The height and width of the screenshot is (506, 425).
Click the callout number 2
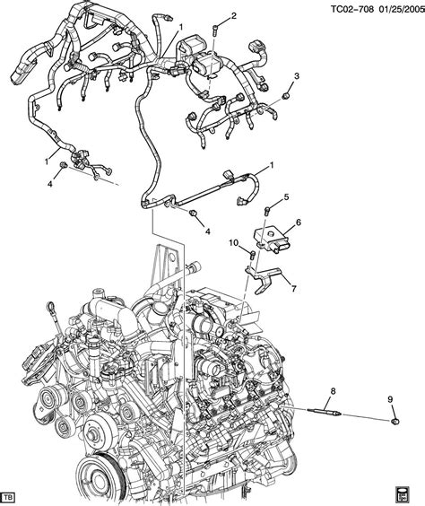tap(233, 16)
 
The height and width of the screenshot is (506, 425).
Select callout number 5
tap(286, 197)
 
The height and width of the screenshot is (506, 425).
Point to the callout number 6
tap(298, 222)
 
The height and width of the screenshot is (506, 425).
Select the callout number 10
tap(231, 243)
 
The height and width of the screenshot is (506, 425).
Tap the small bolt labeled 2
tap(216, 32)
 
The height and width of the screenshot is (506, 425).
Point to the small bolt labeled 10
tap(252, 256)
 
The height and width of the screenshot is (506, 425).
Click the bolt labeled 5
tap(268, 210)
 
